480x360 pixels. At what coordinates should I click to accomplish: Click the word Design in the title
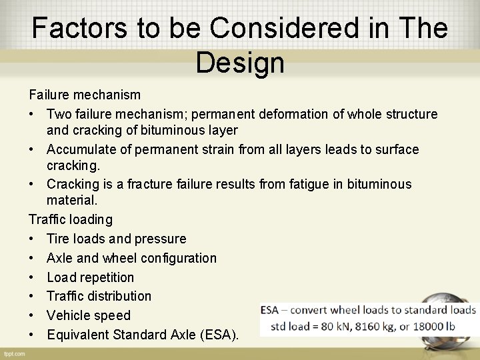click(240, 63)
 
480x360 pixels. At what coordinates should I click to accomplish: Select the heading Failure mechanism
click(85, 95)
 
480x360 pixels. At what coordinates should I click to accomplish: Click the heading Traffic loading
click(71, 219)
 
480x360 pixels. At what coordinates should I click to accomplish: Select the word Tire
click(58, 239)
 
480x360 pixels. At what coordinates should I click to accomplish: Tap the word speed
click(113, 315)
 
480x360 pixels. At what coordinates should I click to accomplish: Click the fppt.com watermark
click(15, 353)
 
